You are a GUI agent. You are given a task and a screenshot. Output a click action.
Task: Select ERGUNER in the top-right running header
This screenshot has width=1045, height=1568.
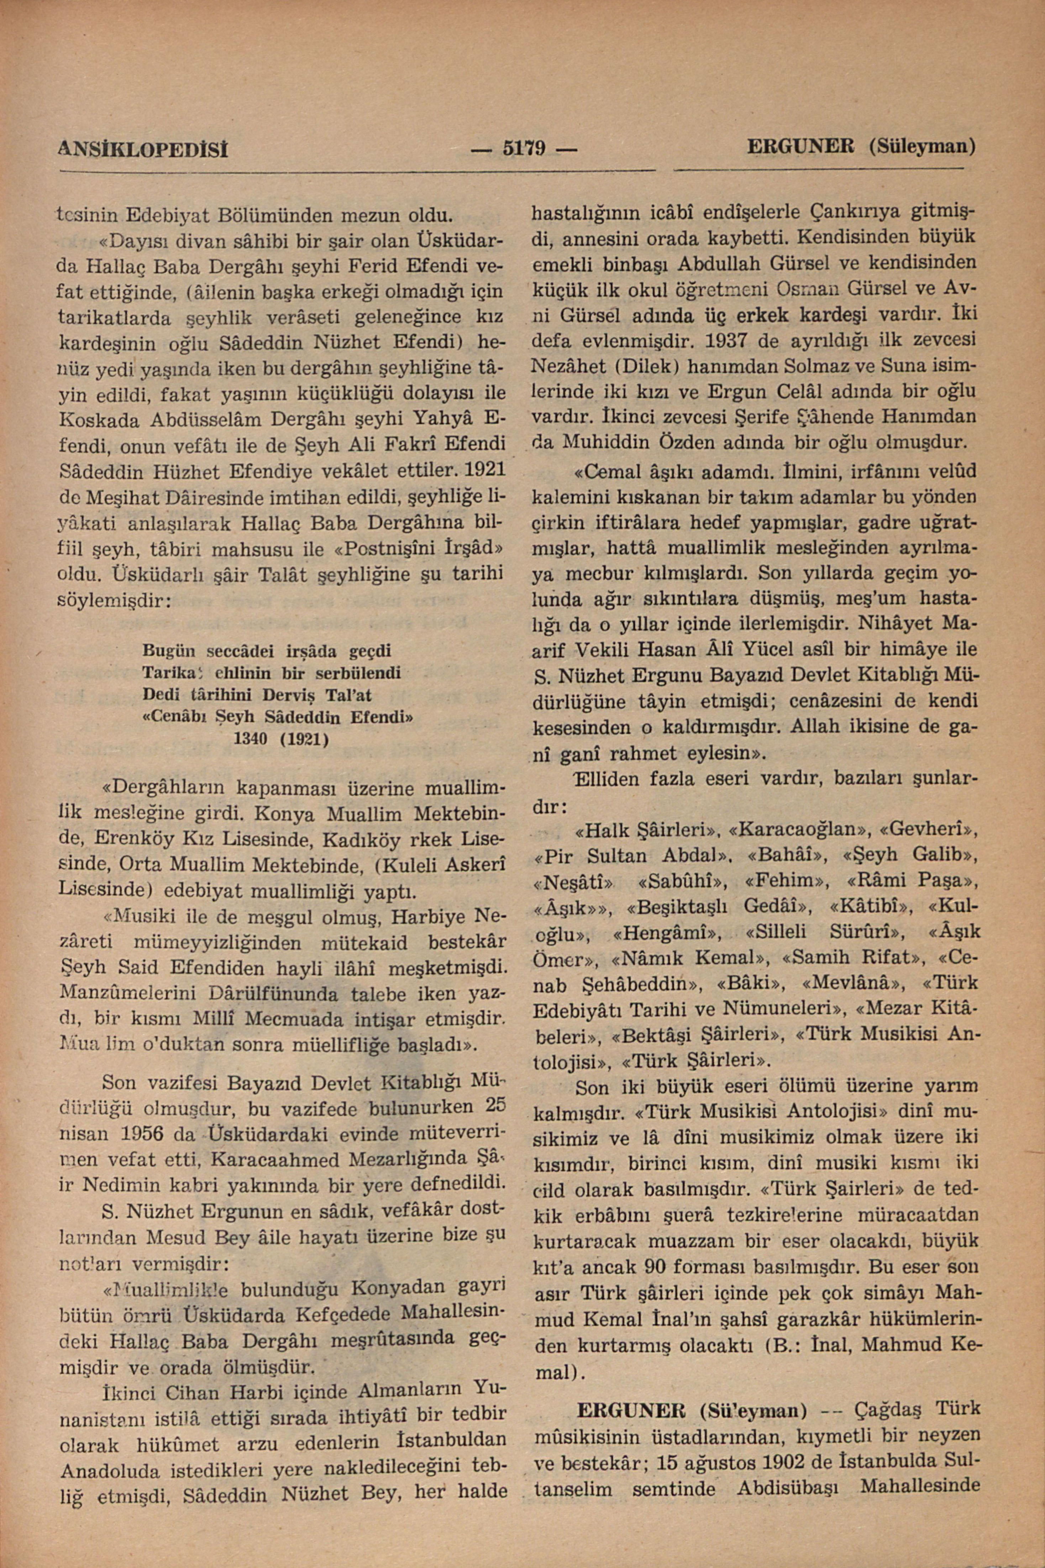click(802, 145)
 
